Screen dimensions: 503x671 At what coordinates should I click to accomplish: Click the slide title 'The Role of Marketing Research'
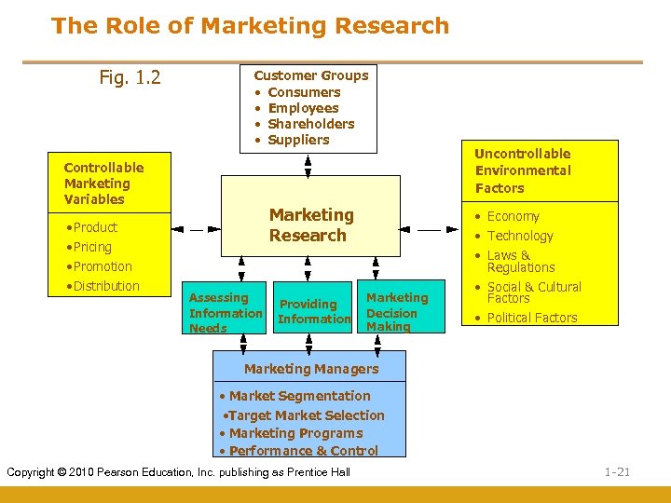pos(250,26)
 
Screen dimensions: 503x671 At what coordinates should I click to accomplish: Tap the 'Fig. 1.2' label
pos(130,76)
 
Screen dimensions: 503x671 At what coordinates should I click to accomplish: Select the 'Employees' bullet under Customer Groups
pos(303,108)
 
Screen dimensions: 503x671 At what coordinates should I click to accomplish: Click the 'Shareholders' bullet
pos(310,124)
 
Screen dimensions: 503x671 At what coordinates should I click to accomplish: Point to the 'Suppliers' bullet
pos(298,140)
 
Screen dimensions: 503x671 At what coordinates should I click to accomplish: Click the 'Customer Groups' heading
pos(311,75)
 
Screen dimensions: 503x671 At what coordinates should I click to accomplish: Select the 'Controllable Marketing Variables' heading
pos(103,183)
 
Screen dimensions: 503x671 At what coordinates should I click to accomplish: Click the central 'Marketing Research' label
pos(311,225)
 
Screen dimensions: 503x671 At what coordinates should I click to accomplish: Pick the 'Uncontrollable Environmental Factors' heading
pos(522,170)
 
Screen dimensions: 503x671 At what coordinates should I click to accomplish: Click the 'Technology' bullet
pos(520,236)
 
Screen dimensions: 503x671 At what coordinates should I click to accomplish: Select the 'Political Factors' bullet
pos(532,318)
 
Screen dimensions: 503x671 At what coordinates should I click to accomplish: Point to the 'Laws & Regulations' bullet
pos(520,261)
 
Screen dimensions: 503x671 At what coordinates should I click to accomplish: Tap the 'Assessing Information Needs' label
pos(226,313)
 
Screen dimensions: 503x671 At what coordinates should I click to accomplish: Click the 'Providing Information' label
pos(313,311)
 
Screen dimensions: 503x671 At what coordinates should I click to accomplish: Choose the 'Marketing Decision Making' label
pos(397,312)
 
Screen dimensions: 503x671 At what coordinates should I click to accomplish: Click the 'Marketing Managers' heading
pos(311,369)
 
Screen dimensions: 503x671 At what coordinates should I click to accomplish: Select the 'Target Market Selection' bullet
pos(306,415)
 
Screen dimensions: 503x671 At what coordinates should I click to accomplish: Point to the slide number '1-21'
pos(617,472)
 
